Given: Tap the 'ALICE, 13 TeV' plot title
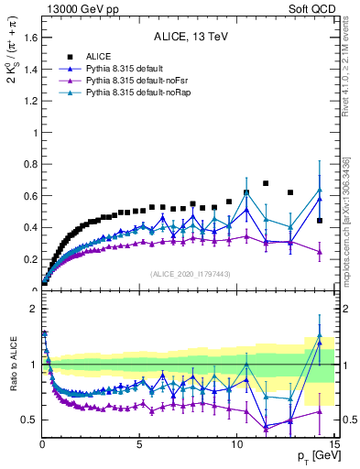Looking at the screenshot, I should coord(188,38).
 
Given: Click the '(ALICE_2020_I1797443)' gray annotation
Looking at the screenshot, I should coord(188,274).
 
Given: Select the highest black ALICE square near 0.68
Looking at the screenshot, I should coord(267,183).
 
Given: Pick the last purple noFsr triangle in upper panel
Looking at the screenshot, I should coord(319,252).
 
